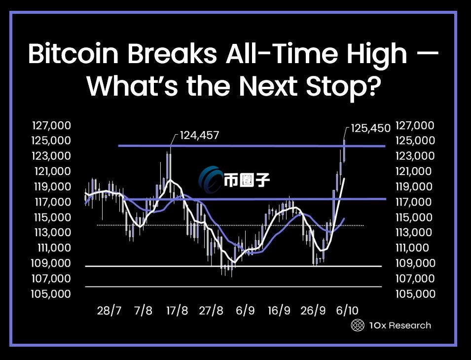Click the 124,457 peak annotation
(x=199, y=135)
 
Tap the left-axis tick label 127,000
(x=51, y=125)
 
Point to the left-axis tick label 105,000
(x=51, y=293)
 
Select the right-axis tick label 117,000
(x=413, y=202)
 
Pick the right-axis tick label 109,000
(x=415, y=263)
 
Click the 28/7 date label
(x=109, y=311)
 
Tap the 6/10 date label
(x=347, y=311)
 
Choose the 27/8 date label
(x=211, y=311)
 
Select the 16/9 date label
(x=279, y=311)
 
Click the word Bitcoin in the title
(x=73, y=54)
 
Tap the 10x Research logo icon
(x=358, y=325)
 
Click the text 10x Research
(x=400, y=325)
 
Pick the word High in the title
(x=377, y=54)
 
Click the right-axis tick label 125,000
(x=415, y=140)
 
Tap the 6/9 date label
(x=245, y=311)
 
